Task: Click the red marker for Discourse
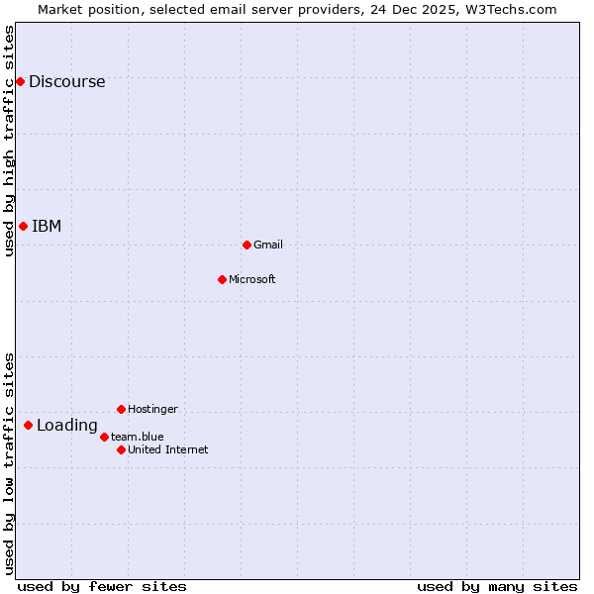point(20,81)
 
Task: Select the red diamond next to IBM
point(23,226)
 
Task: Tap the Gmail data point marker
point(247,245)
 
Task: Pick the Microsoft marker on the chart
point(222,279)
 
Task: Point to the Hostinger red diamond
point(121,409)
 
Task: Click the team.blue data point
point(104,437)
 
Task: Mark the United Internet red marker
point(121,449)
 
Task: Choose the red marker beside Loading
point(28,426)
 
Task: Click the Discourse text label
point(66,82)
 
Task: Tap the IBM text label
point(47,227)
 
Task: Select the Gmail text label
point(268,246)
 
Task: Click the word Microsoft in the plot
point(251,280)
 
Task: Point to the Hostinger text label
point(152,410)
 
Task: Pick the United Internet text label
point(167,450)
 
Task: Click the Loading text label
point(67,427)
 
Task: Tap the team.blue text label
point(137,438)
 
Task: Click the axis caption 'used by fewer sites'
point(102,586)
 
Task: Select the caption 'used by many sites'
point(497,586)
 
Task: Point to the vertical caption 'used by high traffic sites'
point(10,141)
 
